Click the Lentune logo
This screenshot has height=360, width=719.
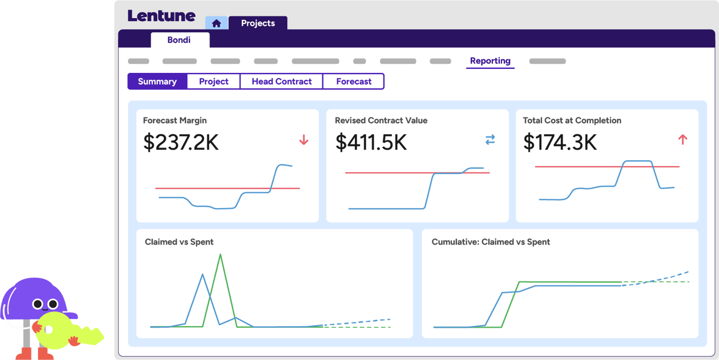click(x=161, y=15)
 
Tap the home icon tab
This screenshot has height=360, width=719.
click(x=216, y=23)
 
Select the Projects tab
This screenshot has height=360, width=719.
click(x=258, y=23)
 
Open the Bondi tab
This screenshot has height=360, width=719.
click(x=179, y=40)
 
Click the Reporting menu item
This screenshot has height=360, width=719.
click(x=490, y=61)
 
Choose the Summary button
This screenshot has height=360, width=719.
click(x=157, y=81)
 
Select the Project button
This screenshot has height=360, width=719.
click(x=214, y=81)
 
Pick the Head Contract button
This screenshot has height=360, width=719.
click(x=282, y=81)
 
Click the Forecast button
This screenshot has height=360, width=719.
click(x=354, y=81)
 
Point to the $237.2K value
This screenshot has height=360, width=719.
click(x=181, y=142)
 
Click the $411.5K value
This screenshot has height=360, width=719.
click(x=371, y=142)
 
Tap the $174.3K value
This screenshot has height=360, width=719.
click(x=560, y=142)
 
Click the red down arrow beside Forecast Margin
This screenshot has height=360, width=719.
click(x=304, y=140)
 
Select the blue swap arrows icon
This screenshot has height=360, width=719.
click(x=490, y=140)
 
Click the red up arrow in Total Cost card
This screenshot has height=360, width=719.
click(x=683, y=140)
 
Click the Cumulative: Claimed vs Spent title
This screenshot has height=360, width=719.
click(x=490, y=242)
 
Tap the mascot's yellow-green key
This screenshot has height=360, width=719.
click(x=65, y=330)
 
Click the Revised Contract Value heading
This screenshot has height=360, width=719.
click(x=381, y=120)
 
